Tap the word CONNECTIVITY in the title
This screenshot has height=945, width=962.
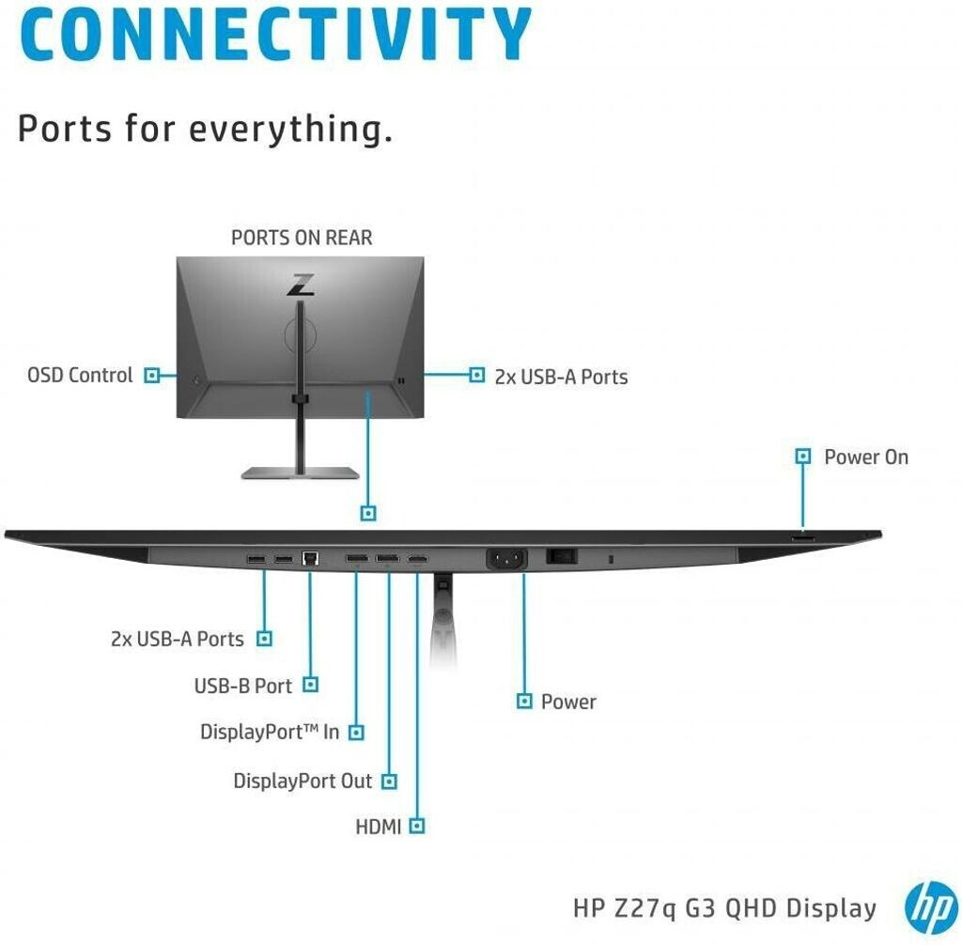(x=275, y=34)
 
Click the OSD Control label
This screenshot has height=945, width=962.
(x=80, y=376)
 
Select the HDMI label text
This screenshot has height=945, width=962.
(x=379, y=828)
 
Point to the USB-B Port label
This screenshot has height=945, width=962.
(x=243, y=686)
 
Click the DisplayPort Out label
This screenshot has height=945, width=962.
(x=303, y=781)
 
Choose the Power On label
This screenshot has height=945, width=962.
(x=866, y=457)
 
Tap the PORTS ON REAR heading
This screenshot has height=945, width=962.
(x=302, y=238)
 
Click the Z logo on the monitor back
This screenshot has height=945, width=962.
(x=301, y=286)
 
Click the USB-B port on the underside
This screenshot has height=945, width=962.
(x=311, y=558)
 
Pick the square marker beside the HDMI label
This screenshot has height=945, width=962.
(x=417, y=827)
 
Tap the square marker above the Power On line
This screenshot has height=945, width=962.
(x=802, y=457)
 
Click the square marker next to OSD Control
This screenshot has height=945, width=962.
(x=151, y=376)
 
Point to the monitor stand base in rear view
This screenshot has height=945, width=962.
(x=300, y=472)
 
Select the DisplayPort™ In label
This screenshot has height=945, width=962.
(x=270, y=732)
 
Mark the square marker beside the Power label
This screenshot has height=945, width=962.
(x=525, y=701)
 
